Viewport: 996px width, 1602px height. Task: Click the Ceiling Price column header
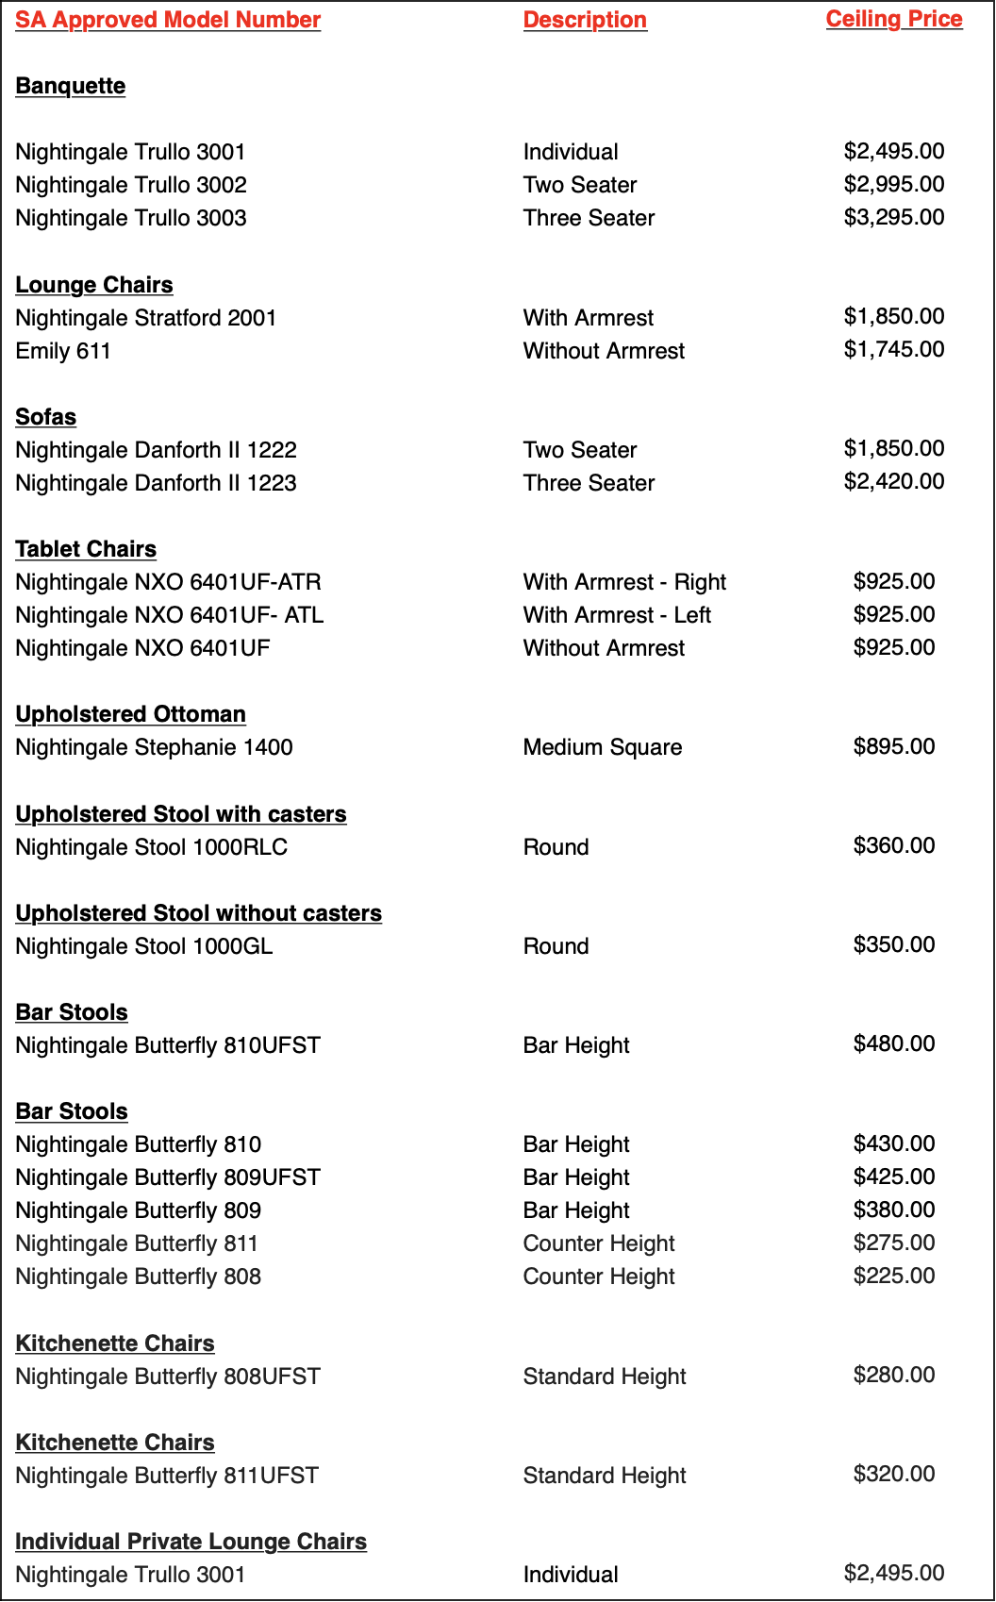click(x=894, y=19)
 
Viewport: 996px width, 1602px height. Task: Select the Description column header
click(x=585, y=20)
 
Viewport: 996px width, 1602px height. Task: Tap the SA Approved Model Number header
click(x=168, y=20)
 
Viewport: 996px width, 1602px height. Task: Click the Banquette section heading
click(x=71, y=86)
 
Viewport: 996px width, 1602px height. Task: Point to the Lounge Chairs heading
click(x=94, y=285)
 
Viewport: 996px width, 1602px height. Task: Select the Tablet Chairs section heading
click(x=86, y=549)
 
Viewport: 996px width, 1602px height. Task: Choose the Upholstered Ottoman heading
click(x=130, y=714)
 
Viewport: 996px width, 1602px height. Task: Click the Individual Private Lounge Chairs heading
click(x=191, y=1542)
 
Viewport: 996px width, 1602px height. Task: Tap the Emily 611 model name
click(x=63, y=351)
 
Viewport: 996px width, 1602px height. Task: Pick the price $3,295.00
click(x=894, y=217)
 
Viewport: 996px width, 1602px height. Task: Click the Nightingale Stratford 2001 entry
click(x=146, y=318)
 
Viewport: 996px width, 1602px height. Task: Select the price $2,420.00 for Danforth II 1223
click(x=894, y=481)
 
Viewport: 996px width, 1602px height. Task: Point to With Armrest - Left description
click(x=617, y=615)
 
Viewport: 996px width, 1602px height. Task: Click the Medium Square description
click(x=603, y=747)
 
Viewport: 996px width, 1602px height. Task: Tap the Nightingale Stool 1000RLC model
click(x=152, y=847)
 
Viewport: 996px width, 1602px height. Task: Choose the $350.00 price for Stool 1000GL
click(x=894, y=944)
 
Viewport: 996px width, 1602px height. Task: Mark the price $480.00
click(x=894, y=1043)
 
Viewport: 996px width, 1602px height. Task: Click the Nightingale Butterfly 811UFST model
click(x=167, y=1476)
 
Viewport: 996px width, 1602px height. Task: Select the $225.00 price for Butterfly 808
click(x=894, y=1276)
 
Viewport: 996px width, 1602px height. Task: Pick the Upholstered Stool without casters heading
click(x=198, y=913)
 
